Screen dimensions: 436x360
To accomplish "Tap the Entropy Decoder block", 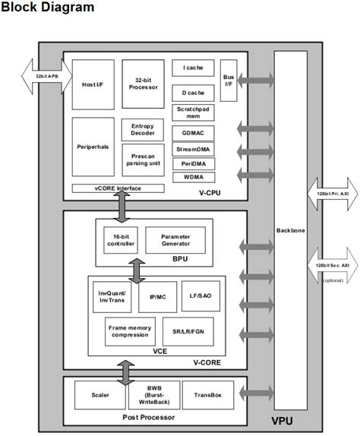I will point(143,130).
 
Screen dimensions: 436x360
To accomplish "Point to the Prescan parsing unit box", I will point(143,160).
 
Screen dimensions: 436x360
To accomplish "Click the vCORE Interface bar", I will point(118,188).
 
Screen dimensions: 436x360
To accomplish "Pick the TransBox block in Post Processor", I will point(207,395).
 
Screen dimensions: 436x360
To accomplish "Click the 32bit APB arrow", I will point(46,77).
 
